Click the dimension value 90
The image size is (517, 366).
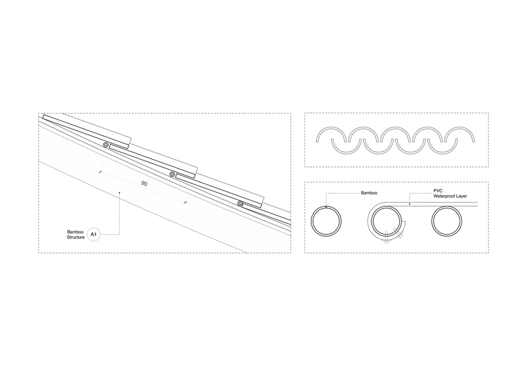(144, 184)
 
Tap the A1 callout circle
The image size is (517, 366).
(94, 235)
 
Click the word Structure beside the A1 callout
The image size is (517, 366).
(76, 237)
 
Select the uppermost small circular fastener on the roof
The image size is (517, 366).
(106, 144)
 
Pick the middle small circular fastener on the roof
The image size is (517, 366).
(172, 174)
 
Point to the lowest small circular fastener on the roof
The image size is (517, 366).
(240, 204)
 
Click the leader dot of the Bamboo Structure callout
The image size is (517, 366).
(119, 192)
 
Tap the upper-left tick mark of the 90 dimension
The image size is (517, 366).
(100, 172)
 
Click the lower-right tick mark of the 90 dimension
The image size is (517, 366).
(185, 201)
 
